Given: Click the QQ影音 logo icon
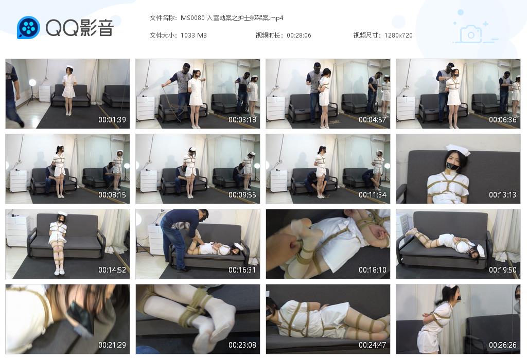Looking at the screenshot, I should [28, 28].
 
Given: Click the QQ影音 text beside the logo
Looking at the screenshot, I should [79, 28].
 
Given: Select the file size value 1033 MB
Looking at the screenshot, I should [194, 35].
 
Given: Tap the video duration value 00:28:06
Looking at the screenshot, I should [299, 35].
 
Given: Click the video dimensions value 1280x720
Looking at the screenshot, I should [398, 35].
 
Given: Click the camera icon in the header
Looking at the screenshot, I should [470, 34].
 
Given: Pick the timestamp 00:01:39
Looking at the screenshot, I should [112, 120].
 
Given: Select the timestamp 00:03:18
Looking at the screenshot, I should [242, 120].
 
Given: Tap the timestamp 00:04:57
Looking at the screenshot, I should [373, 120].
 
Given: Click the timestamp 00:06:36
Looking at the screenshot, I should [503, 120].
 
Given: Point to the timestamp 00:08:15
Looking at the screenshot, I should [112, 195].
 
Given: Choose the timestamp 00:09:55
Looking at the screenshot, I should [242, 195].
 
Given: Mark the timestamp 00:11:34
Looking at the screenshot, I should [373, 195].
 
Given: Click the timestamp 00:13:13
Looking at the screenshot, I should [503, 195].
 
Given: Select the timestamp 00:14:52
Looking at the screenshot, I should [112, 270].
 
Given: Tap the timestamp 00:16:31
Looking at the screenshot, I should [242, 270].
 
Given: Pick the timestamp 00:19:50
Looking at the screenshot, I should [503, 270].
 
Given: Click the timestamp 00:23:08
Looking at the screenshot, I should [242, 345].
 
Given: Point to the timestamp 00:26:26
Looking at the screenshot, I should [503, 345].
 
